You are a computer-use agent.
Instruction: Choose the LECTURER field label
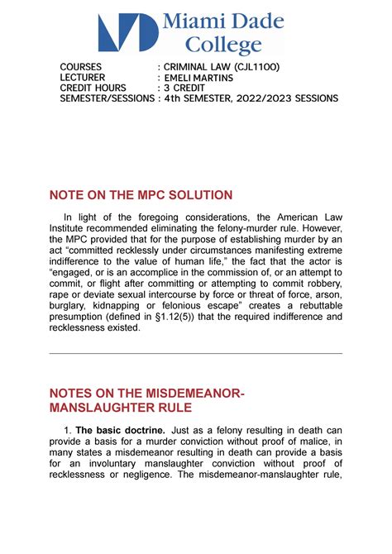click(83, 78)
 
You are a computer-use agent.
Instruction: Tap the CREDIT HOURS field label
click(93, 88)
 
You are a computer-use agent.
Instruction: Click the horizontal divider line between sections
click(196, 353)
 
